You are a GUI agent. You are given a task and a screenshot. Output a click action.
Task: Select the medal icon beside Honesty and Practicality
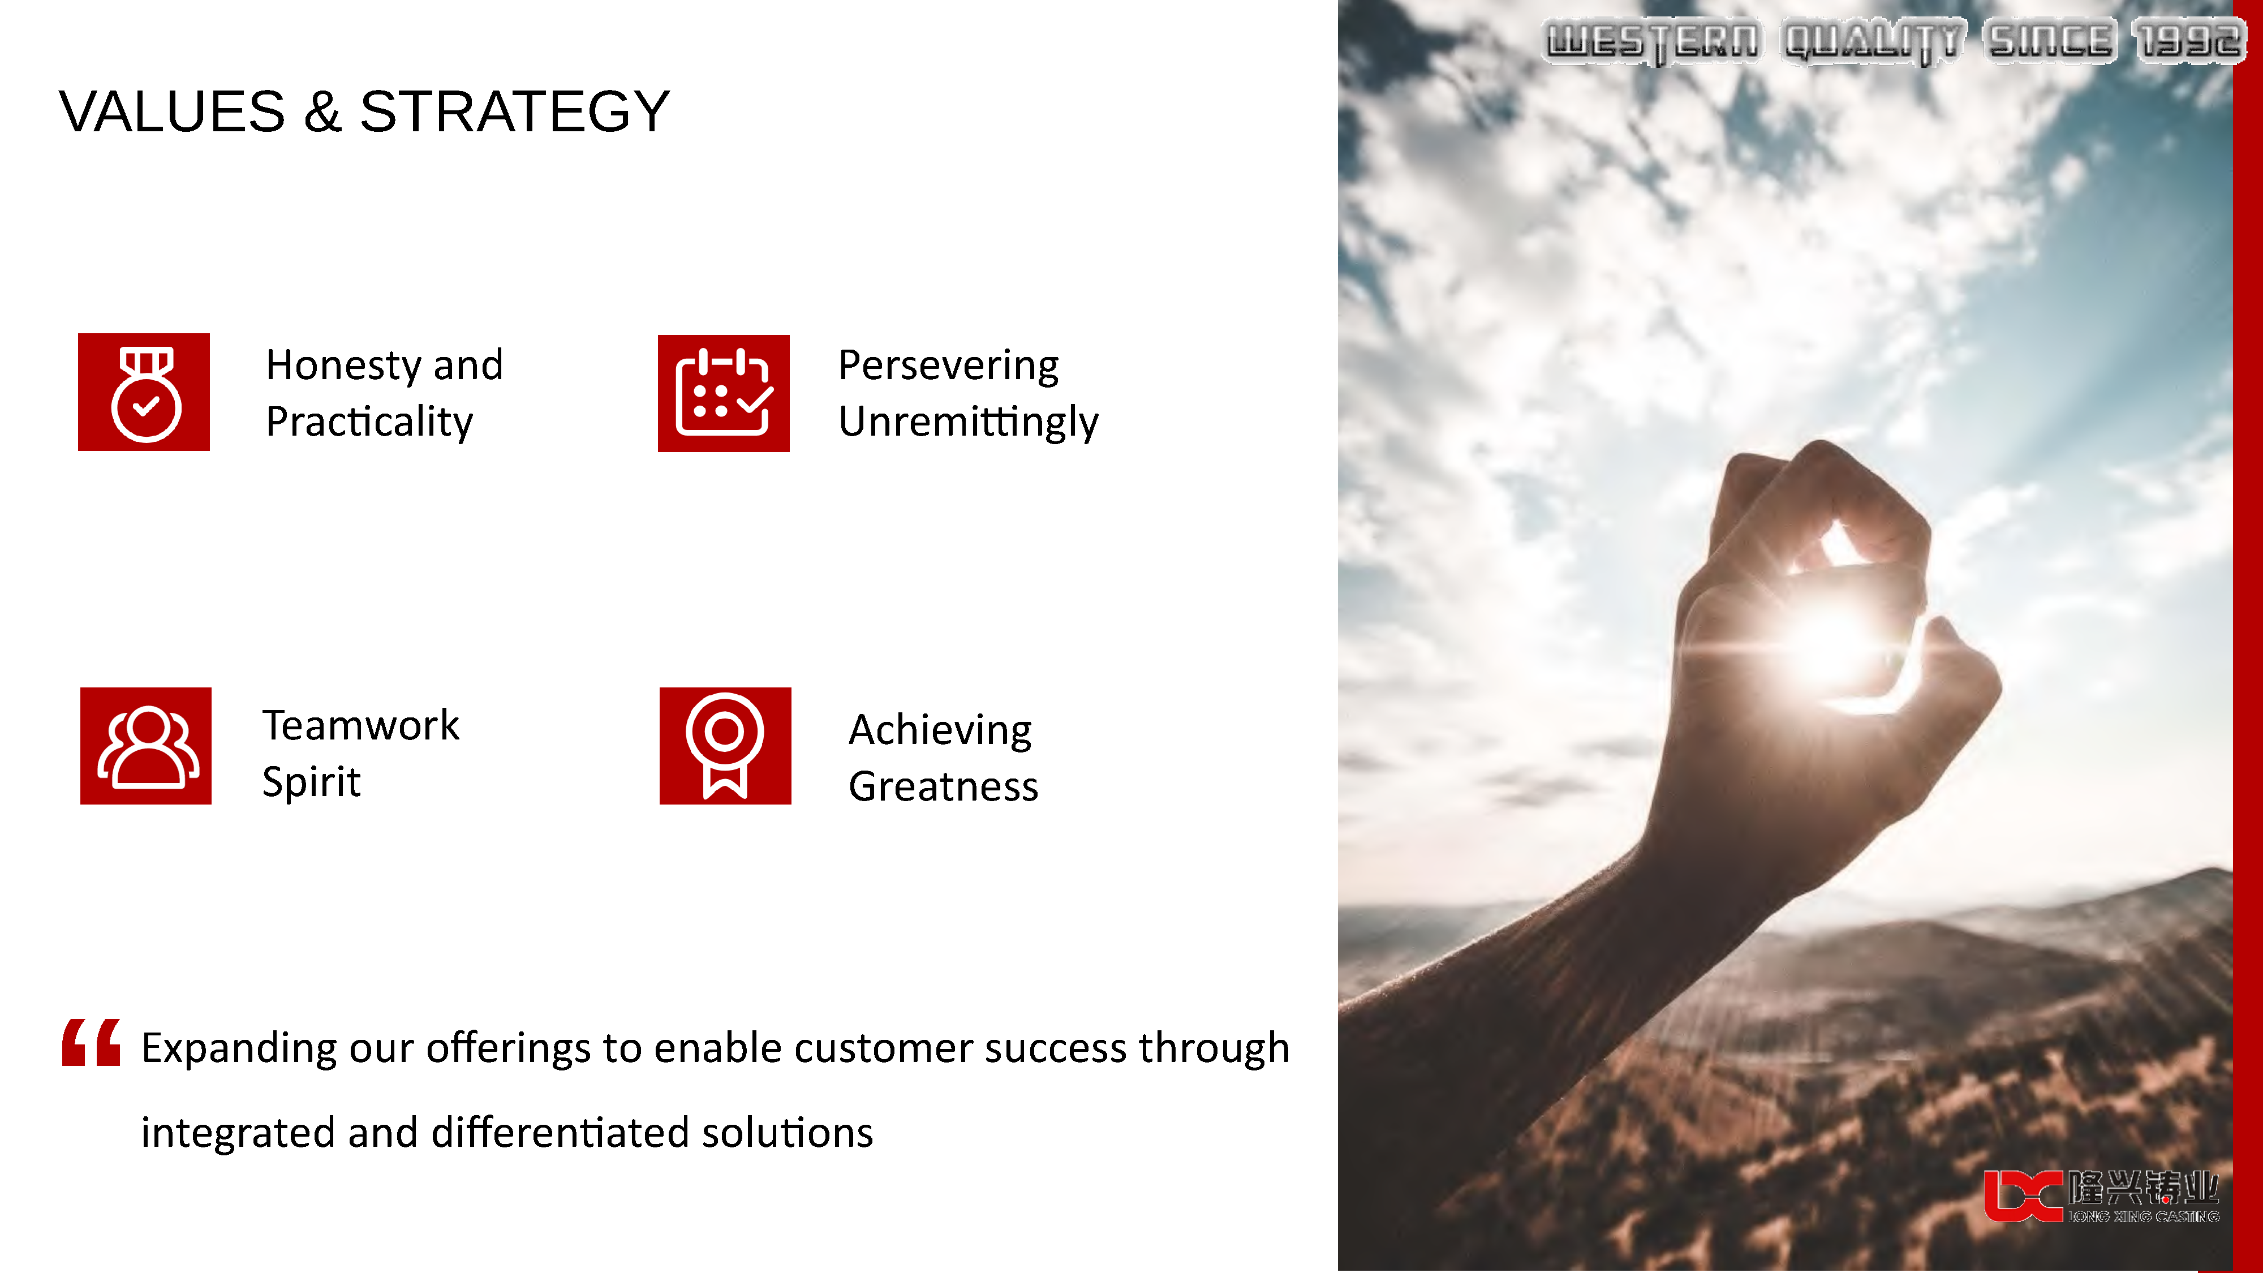pos(144,392)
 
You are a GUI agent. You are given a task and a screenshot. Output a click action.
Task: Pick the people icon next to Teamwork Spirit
pos(146,746)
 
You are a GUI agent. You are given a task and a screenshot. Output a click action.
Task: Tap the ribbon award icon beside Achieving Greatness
pos(726,746)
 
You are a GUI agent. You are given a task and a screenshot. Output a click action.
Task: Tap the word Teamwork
pos(361,726)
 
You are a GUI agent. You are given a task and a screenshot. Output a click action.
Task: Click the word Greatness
pos(944,786)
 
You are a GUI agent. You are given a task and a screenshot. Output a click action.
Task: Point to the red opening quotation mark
pos(91,1043)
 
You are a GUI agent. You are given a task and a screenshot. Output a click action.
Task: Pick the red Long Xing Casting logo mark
pos(2023,1195)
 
